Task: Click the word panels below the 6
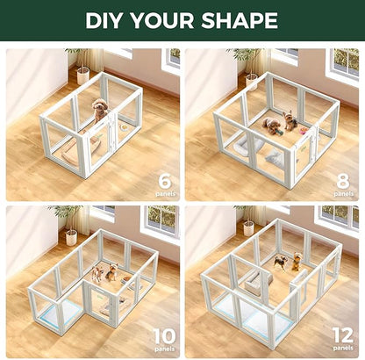[x=163, y=192]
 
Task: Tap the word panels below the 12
[x=343, y=349]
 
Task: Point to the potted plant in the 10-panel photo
[x=67, y=222]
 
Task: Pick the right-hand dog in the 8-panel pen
[x=290, y=120]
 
